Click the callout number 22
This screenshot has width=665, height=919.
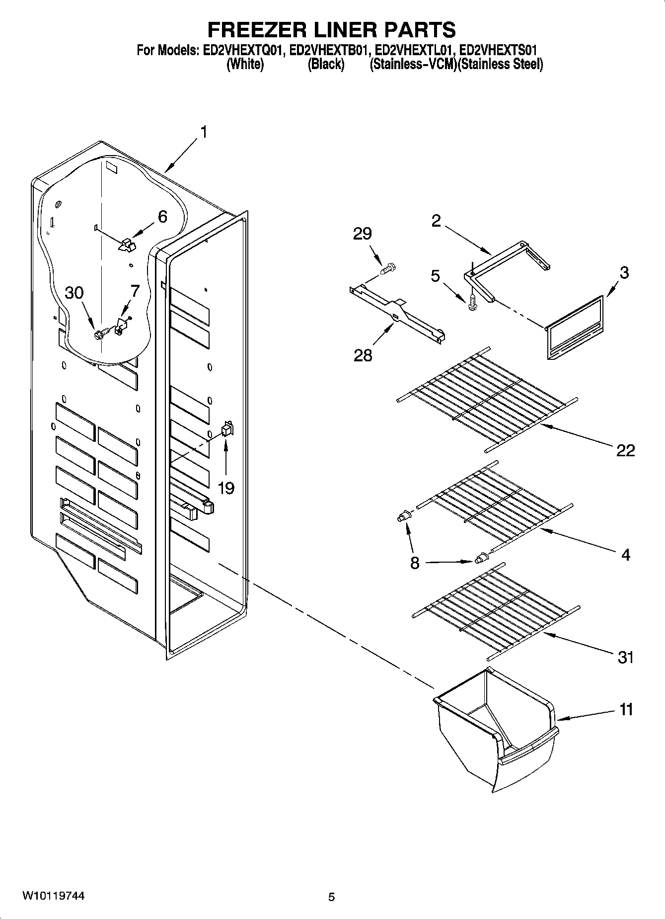click(625, 450)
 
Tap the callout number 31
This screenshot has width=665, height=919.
click(625, 657)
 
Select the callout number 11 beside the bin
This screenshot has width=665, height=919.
click(626, 709)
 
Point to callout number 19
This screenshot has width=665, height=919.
click(226, 488)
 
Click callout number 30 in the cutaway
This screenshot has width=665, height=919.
click(74, 293)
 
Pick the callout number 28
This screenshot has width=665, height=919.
click(363, 355)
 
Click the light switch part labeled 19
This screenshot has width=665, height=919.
click(227, 429)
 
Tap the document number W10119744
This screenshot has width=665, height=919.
click(53, 897)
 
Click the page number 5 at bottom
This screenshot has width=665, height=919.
click(331, 897)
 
